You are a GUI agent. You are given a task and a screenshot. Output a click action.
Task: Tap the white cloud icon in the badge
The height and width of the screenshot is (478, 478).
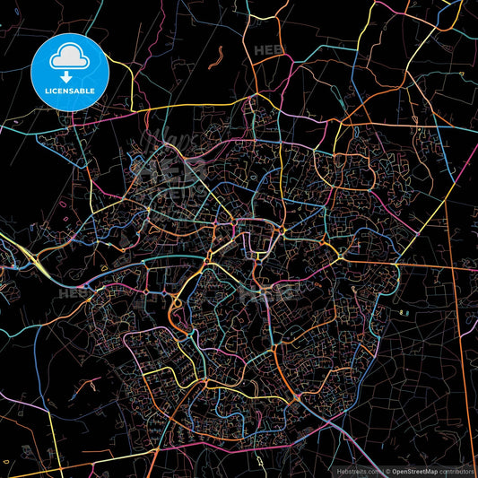[69, 56]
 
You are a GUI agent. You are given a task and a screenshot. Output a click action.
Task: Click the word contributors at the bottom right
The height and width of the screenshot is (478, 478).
[456, 469]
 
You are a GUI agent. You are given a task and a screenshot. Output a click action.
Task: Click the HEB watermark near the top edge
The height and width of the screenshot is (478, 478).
[268, 51]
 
